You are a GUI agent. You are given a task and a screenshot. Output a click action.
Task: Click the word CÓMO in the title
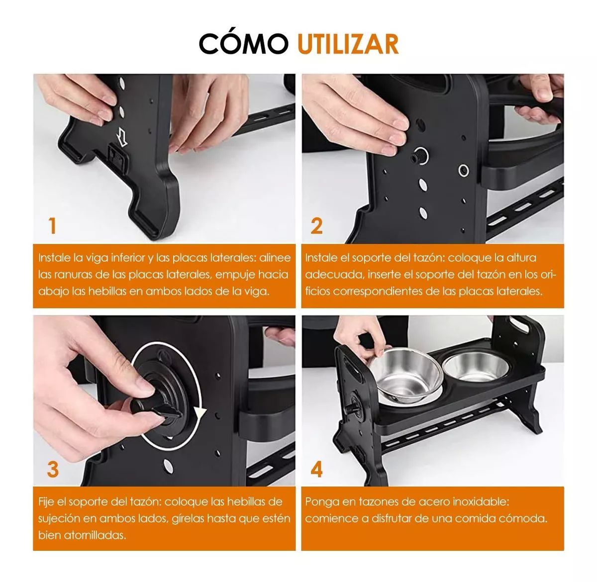coord(243,44)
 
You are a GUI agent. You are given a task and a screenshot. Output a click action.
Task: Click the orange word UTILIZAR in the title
coord(348,44)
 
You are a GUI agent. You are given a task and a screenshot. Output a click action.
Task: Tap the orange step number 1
coord(52,226)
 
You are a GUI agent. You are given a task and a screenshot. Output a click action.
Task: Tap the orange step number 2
coord(316,226)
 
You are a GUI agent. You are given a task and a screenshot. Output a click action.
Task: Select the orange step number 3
coord(53,469)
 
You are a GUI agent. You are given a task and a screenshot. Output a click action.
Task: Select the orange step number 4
coord(316,469)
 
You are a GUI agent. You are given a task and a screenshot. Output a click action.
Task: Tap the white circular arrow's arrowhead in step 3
coord(200,412)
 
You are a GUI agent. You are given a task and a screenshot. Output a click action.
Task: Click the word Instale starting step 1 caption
coord(54,258)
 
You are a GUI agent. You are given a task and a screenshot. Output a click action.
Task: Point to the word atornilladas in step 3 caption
coord(82,535)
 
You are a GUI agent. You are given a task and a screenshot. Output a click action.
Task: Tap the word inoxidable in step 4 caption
coord(474,502)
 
